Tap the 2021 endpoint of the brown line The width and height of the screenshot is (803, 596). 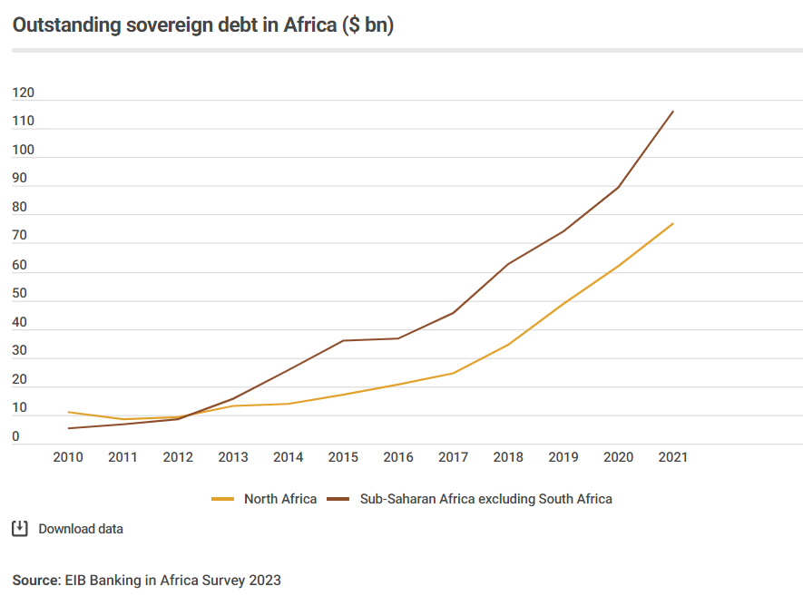pyautogui.click(x=673, y=112)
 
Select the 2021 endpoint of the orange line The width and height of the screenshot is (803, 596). pyautogui.click(x=673, y=223)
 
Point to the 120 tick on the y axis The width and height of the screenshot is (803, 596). pyautogui.click(x=23, y=93)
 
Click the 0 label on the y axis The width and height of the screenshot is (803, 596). pyautogui.click(x=16, y=436)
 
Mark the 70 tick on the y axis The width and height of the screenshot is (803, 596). pyautogui.click(x=20, y=236)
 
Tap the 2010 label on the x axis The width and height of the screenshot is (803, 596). pyautogui.click(x=68, y=457)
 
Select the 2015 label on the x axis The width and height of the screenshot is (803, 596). pyautogui.click(x=343, y=457)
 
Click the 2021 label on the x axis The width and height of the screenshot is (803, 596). pyautogui.click(x=673, y=457)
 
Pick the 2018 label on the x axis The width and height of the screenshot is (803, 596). pyautogui.click(x=508, y=457)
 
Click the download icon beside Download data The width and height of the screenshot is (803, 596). pyautogui.click(x=20, y=528)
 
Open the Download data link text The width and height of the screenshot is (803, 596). pyautogui.click(x=81, y=529)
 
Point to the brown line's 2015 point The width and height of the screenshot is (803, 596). pyautogui.click(x=343, y=340)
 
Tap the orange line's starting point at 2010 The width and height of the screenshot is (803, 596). pyautogui.click(x=68, y=412)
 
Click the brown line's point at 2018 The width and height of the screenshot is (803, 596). pyautogui.click(x=508, y=264)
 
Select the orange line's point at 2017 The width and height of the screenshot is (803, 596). pyautogui.click(x=453, y=373)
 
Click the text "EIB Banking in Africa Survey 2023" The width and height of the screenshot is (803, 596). pyautogui.click(x=172, y=580)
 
